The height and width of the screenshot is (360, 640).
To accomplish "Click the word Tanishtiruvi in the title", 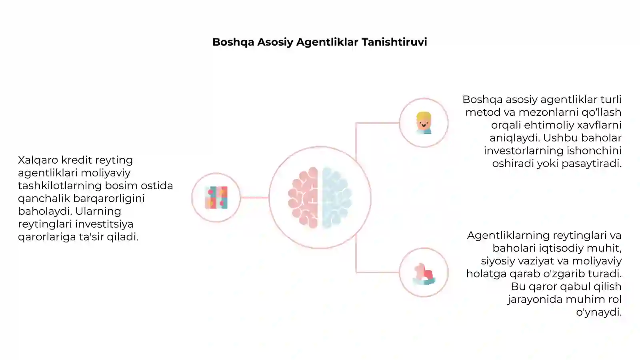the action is click(x=394, y=42).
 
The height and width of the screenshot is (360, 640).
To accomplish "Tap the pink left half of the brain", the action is click(x=303, y=198).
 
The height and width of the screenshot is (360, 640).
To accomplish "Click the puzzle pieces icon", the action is click(x=216, y=198).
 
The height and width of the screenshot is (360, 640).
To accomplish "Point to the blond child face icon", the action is click(x=424, y=123).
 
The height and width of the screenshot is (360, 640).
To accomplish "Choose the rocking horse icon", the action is click(x=424, y=274).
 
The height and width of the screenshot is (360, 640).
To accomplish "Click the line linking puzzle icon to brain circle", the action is click(x=254, y=198).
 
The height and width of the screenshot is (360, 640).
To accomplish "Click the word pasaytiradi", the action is click(x=592, y=164).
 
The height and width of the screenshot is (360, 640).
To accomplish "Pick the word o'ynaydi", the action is click(x=599, y=312).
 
